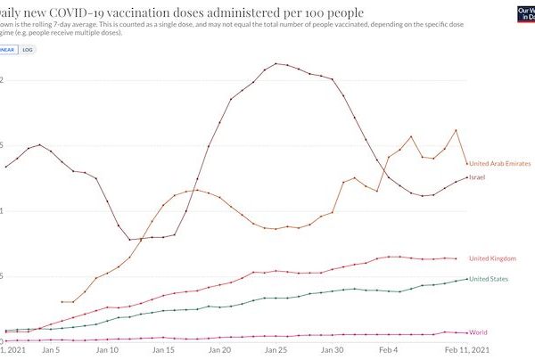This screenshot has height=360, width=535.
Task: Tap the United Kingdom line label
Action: click(492, 258)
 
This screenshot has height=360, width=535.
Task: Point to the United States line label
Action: click(490, 279)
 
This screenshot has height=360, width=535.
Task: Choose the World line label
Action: click(478, 333)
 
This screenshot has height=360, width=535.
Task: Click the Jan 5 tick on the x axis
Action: click(51, 350)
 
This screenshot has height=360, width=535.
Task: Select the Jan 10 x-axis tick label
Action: click(107, 350)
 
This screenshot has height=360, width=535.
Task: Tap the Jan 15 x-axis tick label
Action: click(163, 350)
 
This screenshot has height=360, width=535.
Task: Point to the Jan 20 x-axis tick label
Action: click(219, 350)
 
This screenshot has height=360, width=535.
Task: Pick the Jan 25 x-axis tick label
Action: click(276, 350)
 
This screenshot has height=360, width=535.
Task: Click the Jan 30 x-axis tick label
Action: click(332, 350)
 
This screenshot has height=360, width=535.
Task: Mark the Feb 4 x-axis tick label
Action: click(389, 350)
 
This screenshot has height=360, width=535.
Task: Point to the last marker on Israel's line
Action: click(467, 177)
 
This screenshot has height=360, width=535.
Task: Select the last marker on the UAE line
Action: click(467, 163)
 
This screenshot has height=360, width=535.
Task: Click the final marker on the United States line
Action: click(467, 279)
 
